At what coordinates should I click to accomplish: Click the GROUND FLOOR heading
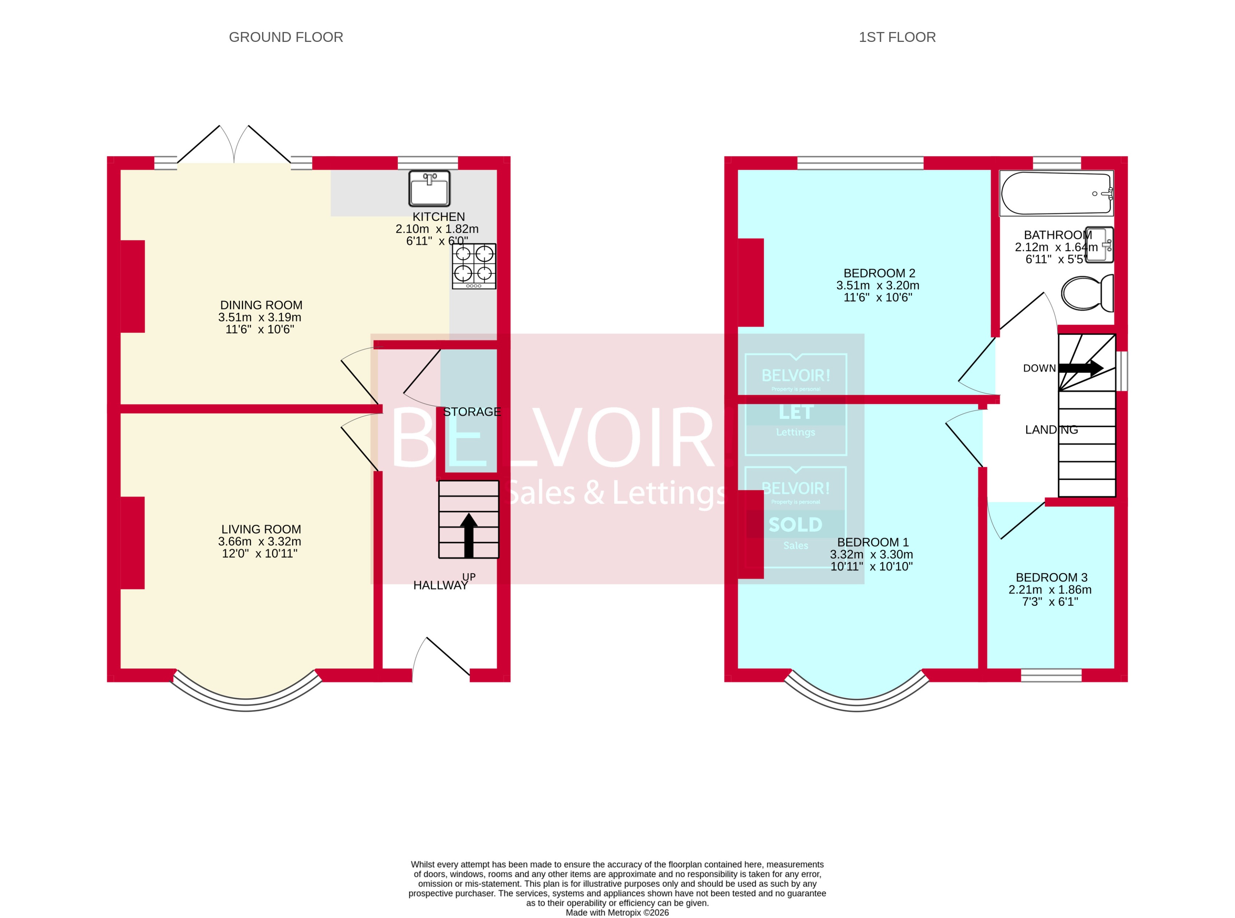tap(286, 37)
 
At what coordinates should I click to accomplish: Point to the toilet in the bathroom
tap(1087, 293)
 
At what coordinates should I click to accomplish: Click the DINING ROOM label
tap(261, 305)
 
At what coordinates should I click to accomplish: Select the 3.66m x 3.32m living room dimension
tap(259, 541)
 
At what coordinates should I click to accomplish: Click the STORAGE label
tap(472, 412)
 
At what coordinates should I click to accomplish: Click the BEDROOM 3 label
tap(1051, 577)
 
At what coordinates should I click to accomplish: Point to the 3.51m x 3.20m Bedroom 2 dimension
tap(878, 285)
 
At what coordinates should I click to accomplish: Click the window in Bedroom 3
tap(1051, 675)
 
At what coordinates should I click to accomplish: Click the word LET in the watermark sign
tap(796, 412)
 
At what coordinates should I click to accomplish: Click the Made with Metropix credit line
tap(617, 912)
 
